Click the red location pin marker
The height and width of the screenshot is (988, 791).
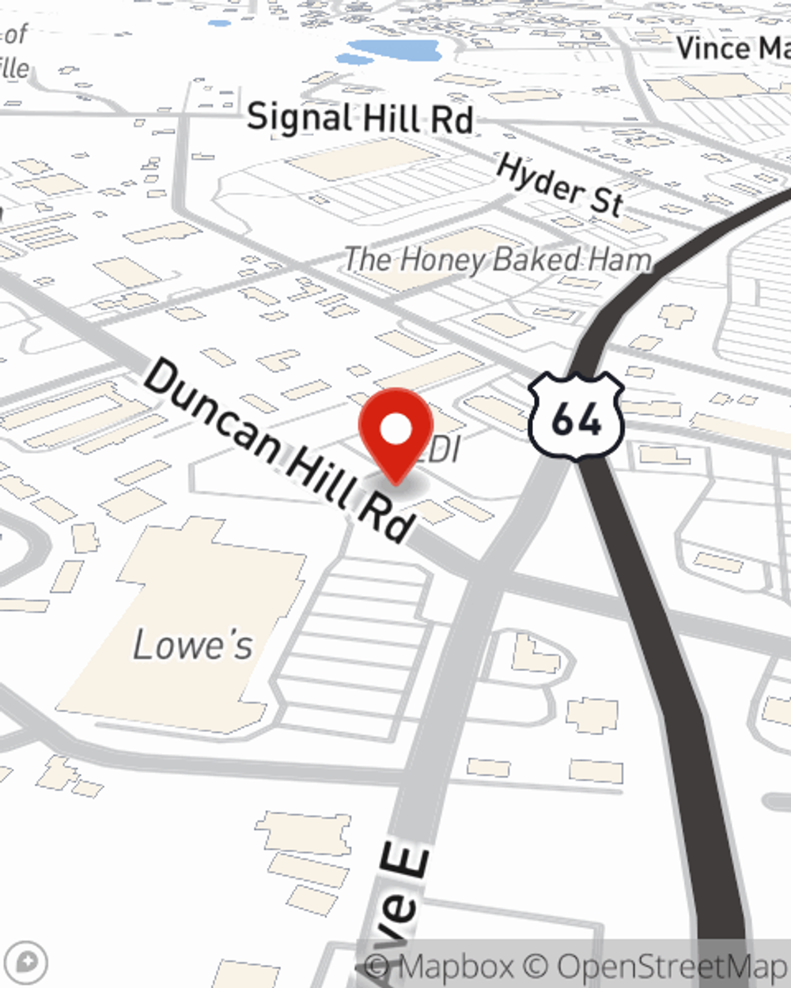point(395,435)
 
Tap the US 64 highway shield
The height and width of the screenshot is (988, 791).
point(577,417)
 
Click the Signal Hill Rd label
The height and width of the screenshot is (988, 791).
point(360,119)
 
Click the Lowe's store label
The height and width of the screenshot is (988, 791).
point(193,645)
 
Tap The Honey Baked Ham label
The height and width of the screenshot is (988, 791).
point(498,259)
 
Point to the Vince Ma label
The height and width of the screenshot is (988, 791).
point(732,49)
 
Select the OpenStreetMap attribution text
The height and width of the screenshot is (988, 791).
point(672,966)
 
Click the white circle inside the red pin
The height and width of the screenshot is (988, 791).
point(395,430)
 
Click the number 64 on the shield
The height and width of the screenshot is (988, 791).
point(577,419)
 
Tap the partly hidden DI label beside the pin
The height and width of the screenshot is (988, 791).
point(445,451)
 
